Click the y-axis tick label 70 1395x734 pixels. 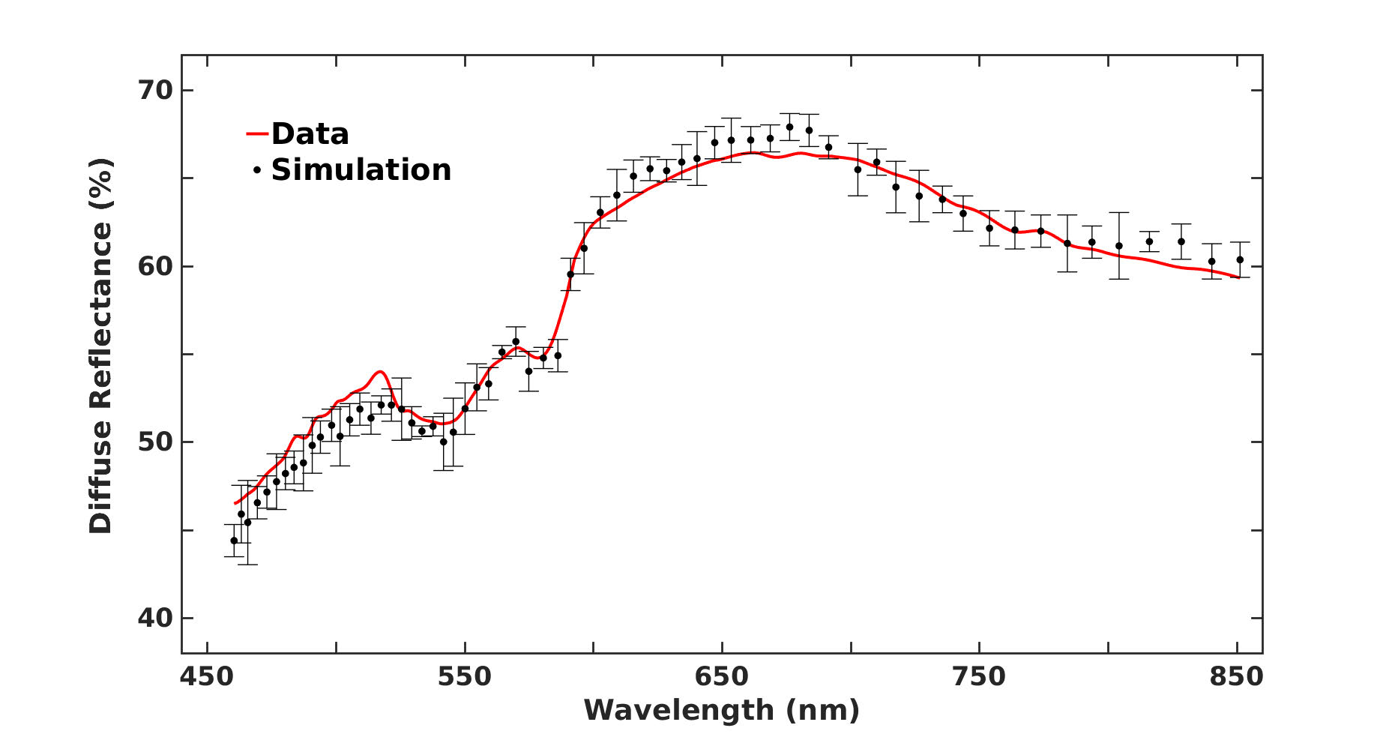click(x=155, y=90)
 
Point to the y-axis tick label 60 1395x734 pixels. click(x=155, y=266)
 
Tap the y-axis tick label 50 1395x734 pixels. click(x=155, y=442)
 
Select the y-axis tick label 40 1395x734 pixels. click(x=155, y=618)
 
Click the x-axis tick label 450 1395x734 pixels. click(x=207, y=677)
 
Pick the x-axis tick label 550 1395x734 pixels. click(x=465, y=677)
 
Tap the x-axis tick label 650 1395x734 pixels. click(x=722, y=677)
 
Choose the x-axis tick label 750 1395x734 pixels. click(x=979, y=677)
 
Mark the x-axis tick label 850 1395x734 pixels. click(x=1236, y=677)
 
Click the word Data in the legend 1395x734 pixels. click(x=310, y=134)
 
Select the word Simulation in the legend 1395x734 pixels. click(x=361, y=170)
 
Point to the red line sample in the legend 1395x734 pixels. click(x=257, y=134)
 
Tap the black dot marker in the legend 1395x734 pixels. click(x=257, y=171)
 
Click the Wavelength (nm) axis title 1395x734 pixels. click(x=721, y=709)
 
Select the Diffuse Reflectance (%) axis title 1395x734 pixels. click(x=100, y=346)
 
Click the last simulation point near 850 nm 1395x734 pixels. click(x=1240, y=260)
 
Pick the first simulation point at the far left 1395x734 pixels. click(x=234, y=541)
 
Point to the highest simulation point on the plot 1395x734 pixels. click(x=789, y=127)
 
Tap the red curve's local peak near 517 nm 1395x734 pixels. click(x=381, y=372)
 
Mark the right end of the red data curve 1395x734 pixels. click(x=1238, y=277)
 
